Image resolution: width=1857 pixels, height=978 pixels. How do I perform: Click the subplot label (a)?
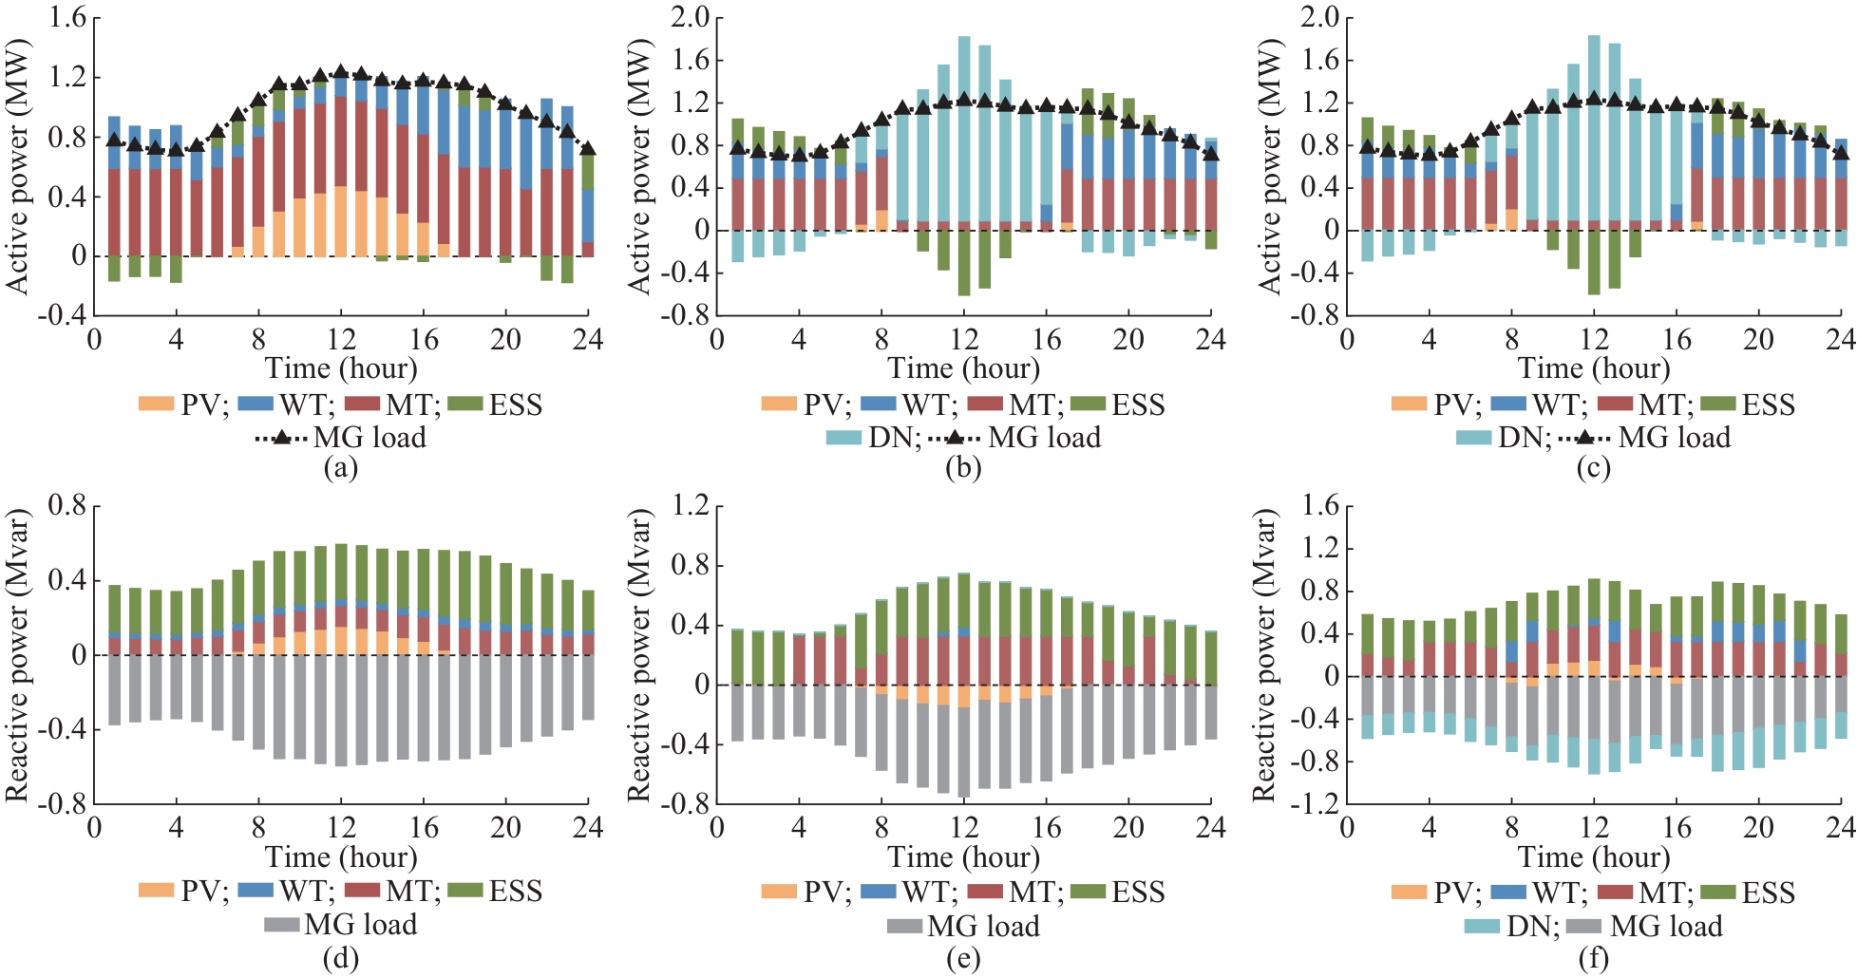[x=340, y=468]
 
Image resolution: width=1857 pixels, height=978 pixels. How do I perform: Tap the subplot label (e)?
[x=963, y=959]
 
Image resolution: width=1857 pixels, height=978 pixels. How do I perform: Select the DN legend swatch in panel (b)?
[x=843, y=438]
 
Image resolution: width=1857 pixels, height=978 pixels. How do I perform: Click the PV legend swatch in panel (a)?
[x=156, y=404]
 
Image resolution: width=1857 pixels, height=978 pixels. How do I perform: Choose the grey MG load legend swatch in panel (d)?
[x=282, y=924]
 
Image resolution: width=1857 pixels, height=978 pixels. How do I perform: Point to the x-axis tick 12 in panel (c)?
[x=1594, y=339]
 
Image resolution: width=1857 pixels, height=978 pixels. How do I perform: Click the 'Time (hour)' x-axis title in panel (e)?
[x=963, y=857]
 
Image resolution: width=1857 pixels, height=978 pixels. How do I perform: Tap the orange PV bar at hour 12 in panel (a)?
[x=340, y=221]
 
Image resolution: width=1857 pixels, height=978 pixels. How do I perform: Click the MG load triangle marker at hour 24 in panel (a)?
[x=588, y=148]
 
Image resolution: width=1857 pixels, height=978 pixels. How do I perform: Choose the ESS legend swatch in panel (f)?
[x=1716, y=893]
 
